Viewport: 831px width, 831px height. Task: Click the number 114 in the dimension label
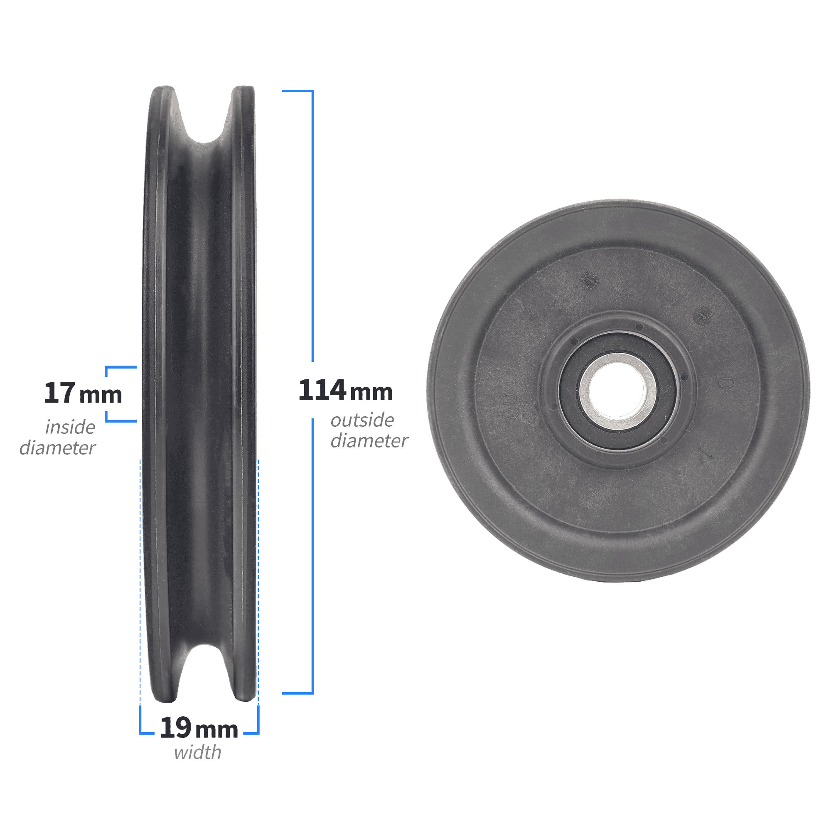[x=322, y=390]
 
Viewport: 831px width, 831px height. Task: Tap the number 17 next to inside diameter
[x=60, y=393]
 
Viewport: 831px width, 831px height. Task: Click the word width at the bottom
[x=197, y=752]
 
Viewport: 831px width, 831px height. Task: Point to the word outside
[x=362, y=420]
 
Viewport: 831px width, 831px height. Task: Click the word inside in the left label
[x=70, y=427]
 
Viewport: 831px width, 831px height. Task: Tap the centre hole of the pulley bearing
[x=618, y=391]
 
